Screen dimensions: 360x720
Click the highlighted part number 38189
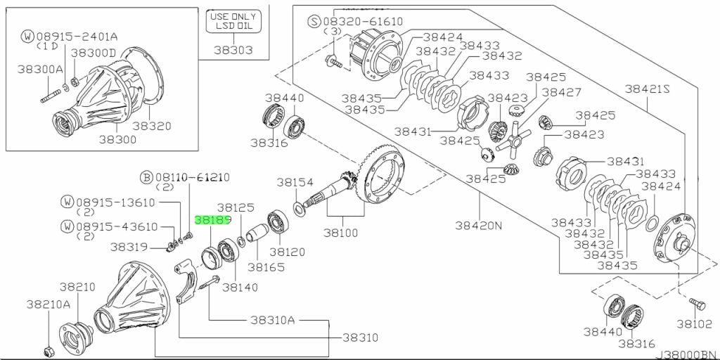[213, 220]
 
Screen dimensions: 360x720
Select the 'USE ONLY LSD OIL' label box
[232, 22]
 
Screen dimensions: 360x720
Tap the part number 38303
[232, 51]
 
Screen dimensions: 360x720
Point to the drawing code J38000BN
[686, 354]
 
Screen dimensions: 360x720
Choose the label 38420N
[479, 225]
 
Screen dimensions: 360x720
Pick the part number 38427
[561, 92]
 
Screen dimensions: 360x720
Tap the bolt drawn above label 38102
[697, 303]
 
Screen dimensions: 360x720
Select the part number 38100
[340, 232]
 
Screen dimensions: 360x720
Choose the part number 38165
[260, 267]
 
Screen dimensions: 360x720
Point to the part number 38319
[128, 247]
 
